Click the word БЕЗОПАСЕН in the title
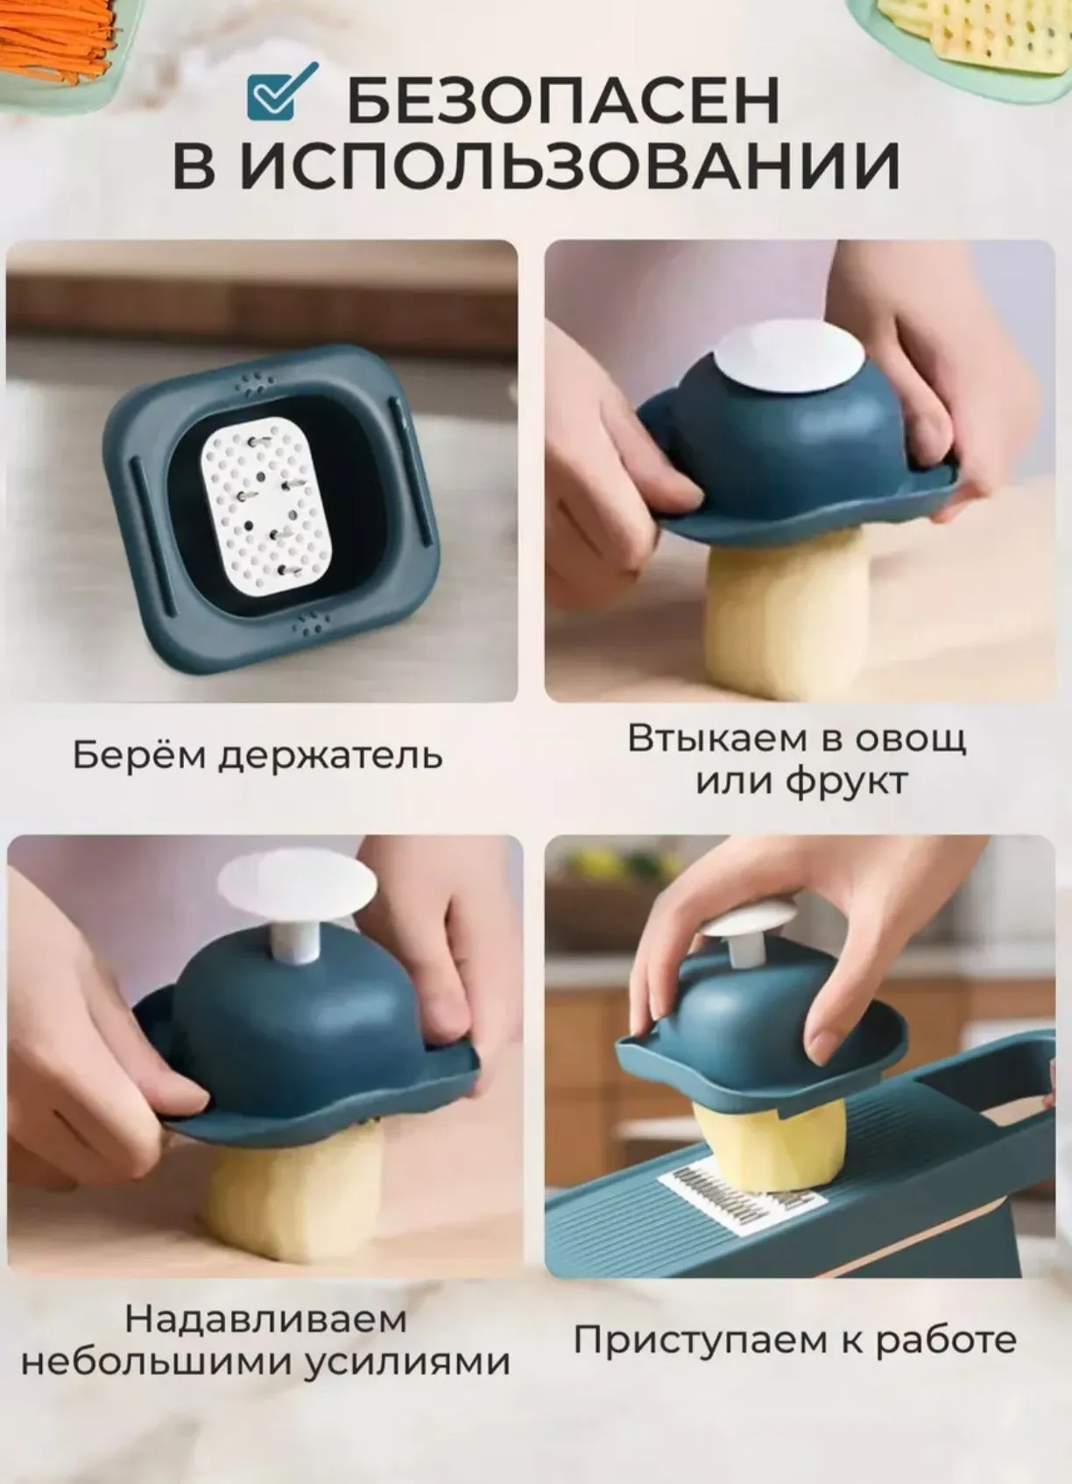click(563, 102)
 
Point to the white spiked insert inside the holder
click(268, 505)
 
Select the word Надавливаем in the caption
click(265, 1320)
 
